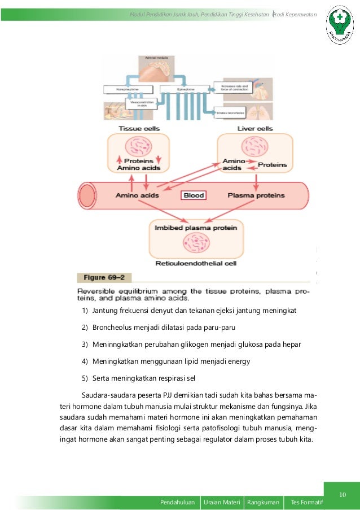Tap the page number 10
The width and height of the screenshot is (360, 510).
[342, 495]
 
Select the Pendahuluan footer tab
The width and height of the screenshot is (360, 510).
[178, 502]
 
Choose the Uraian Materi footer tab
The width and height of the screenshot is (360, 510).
[222, 502]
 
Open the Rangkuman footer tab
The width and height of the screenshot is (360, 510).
[263, 502]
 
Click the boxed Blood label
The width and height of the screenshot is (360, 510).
[193, 195]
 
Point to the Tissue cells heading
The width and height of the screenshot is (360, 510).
[138, 129]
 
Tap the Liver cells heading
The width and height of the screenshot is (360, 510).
[255, 129]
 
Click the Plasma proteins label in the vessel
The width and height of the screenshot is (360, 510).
[256, 195]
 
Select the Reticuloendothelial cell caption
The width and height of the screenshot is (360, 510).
[195, 263]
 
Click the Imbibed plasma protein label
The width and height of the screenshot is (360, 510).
[196, 228]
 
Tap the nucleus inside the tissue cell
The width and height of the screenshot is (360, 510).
[138, 146]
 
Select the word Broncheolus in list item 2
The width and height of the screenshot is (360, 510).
[113, 327]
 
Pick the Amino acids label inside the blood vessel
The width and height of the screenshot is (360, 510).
[137, 195]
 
